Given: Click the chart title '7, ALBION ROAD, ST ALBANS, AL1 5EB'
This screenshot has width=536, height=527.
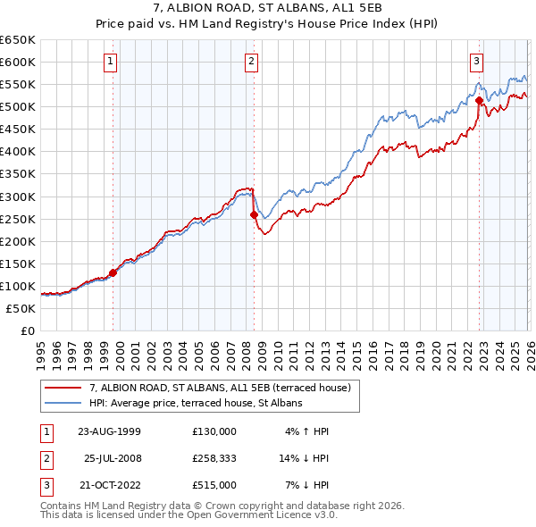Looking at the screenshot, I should pyautogui.click(x=268, y=9).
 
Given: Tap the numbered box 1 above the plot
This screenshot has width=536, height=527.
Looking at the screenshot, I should pyautogui.click(x=110, y=62).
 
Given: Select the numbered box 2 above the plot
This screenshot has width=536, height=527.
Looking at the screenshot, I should pyautogui.click(x=252, y=62).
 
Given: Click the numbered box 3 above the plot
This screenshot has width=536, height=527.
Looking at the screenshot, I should pyautogui.click(x=477, y=62).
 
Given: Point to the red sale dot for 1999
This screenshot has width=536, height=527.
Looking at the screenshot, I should pyautogui.click(x=113, y=272).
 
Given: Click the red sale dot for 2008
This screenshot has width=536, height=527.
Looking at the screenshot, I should pyautogui.click(x=255, y=215).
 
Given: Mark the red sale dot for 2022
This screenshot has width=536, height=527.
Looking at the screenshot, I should pyautogui.click(x=479, y=100).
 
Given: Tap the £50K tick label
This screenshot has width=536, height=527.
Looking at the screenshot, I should pyautogui.click(x=21, y=308).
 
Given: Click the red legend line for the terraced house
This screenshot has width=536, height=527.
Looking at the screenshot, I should pyautogui.click(x=63, y=388).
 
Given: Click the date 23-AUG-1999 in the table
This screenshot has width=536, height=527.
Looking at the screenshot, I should pyautogui.click(x=109, y=431).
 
